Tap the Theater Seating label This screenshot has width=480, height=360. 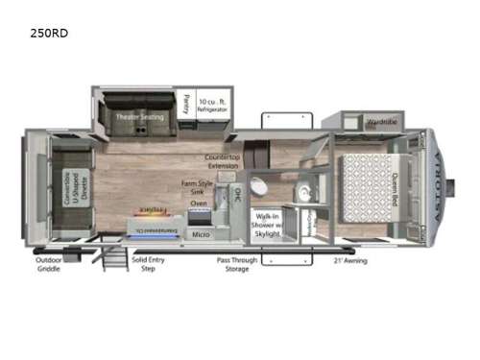pyautogui.click(x=139, y=116)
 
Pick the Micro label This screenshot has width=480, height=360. pyautogui.click(x=201, y=233)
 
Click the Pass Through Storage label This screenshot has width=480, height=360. pyautogui.click(x=233, y=264)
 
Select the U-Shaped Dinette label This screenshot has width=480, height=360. pyautogui.click(x=73, y=182)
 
